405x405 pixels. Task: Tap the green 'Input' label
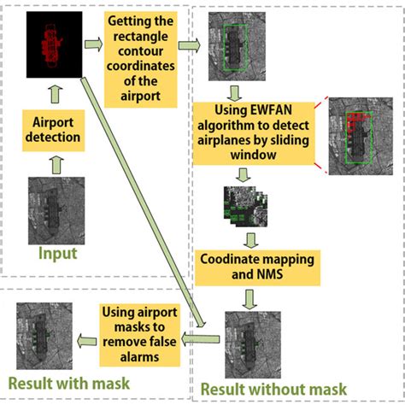tap(57, 254)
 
